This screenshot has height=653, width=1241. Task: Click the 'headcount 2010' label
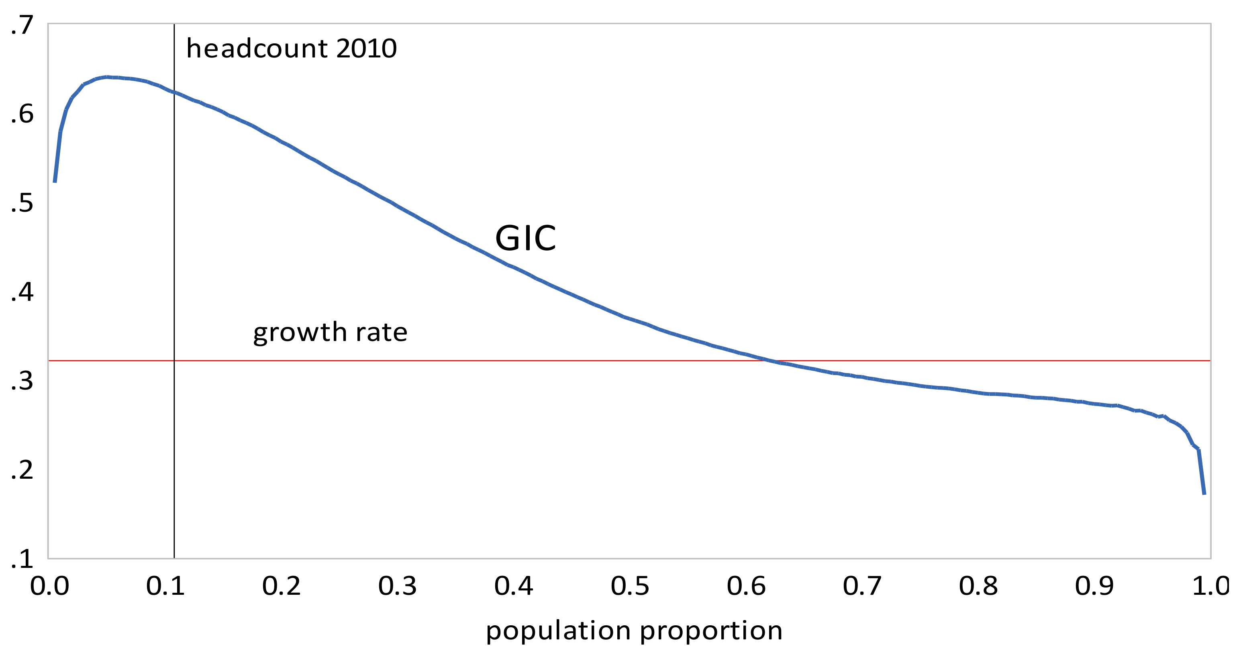(x=291, y=49)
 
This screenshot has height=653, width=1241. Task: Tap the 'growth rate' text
(x=330, y=332)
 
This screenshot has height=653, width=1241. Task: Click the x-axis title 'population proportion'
(x=634, y=631)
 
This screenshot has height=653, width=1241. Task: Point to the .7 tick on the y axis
(x=22, y=25)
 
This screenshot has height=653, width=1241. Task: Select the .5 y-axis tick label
(x=22, y=203)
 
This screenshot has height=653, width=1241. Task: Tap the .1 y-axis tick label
(x=22, y=559)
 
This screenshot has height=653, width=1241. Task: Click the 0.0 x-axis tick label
(x=50, y=586)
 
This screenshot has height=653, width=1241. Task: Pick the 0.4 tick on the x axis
(x=514, y=586)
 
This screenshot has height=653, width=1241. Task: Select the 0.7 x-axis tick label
(x=862, y=586)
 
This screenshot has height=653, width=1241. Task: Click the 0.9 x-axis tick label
(x=1094, y=586)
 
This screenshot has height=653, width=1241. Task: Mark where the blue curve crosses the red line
(x=775, y=360)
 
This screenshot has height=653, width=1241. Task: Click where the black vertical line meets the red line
(x=174, y=360)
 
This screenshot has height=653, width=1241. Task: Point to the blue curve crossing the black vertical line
(x=174, y=92)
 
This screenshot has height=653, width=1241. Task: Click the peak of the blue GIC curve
(x=107, y=77)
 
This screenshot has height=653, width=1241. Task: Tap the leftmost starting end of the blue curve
(x=55, y=182)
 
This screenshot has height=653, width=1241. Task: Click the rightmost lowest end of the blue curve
(x=1204, y=493)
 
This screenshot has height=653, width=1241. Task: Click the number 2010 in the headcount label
(x=366, y=49)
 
